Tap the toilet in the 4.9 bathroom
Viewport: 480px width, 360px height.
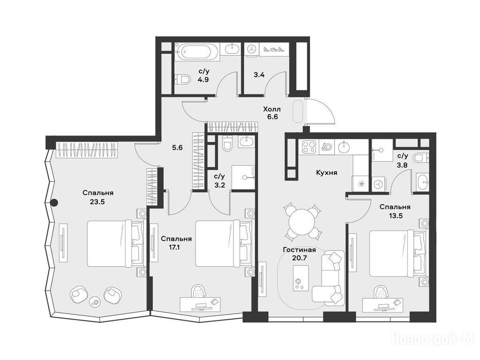point(182,80)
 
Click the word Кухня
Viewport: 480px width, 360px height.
point(327,172)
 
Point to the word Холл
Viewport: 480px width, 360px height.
point(272,109)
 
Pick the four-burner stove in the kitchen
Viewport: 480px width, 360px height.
point(309,147)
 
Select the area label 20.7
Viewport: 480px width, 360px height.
point(300,258)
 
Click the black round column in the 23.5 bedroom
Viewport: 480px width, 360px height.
point(54,202)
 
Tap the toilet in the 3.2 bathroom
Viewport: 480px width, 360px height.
point(227,143)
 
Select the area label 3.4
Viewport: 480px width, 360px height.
point(259,75)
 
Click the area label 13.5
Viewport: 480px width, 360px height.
point(395,216)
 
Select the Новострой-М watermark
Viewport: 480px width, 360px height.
point(433,339)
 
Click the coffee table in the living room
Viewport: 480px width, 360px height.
point(300,278)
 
